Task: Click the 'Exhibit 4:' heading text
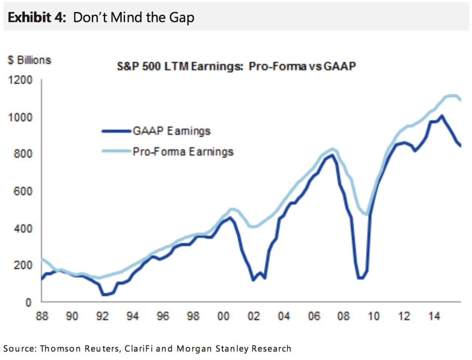tap(37, 17)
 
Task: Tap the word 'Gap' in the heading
tap(182, 18)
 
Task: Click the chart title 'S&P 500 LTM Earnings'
tap(180, 66)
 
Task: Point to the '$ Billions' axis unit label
tap(29, 60)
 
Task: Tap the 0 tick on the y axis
tap(28, 302)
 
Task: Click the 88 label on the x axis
tap(42, 316)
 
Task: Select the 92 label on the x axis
tap(102, 316)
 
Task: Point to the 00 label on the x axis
tap(223, 316)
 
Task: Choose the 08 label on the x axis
tap(343, 316)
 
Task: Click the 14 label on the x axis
tap(434, 316)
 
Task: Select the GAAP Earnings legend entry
tap(171, 131)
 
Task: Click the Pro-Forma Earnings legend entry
tap(183, 151)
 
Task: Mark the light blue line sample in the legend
tap(117, 151)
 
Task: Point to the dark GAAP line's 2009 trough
tap(361, 278)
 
